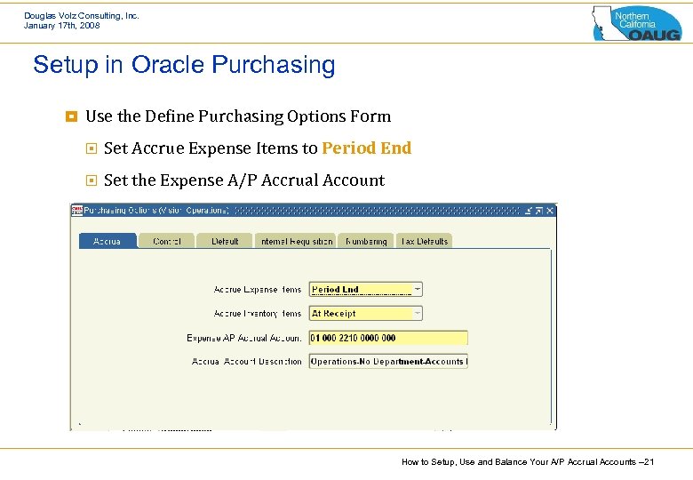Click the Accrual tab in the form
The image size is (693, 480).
pyautogui.click(x=107, y=241)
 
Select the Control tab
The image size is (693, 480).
pyautogui.click(x=167, y=241)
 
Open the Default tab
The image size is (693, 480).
pyautogui.click(x=225, y=241)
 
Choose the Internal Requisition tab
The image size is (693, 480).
pyautogui.click(x=297, y=241)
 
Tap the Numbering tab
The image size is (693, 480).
pyautogui.click(x=366, y=241)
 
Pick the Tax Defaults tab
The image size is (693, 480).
pyautogui.click(x=424, y=241)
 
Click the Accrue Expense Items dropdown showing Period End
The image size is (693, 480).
pyautogui.click(x=365, y=290)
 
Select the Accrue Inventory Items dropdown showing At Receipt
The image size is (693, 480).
pyautogui.click(x=365, y=314)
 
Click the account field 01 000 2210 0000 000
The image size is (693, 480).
pyautogui.click(x=387, y=338)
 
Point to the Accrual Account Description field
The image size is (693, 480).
pyautogui.click(x=387, y=362)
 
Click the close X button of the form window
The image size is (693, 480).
pyautogui.click(x=550, y=211)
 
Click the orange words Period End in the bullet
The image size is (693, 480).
pyautogui.click(x=366, y=148)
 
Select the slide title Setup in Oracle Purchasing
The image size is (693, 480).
pyautogui.click(x=184, y=65)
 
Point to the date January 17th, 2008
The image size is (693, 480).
pyautogui.click(x=62, y=26)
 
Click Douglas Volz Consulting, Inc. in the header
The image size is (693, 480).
pyautogui.click(x=82, y=15)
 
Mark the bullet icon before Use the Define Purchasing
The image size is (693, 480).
pyautogui.click(x=72, y=116)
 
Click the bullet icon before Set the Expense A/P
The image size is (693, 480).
pyautogui.click(x=91, y=180)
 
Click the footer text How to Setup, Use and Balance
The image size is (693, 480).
pyautogui.click(x=528, y=462)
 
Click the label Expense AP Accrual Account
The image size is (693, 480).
pyautogui.click(x=244, y=338)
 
